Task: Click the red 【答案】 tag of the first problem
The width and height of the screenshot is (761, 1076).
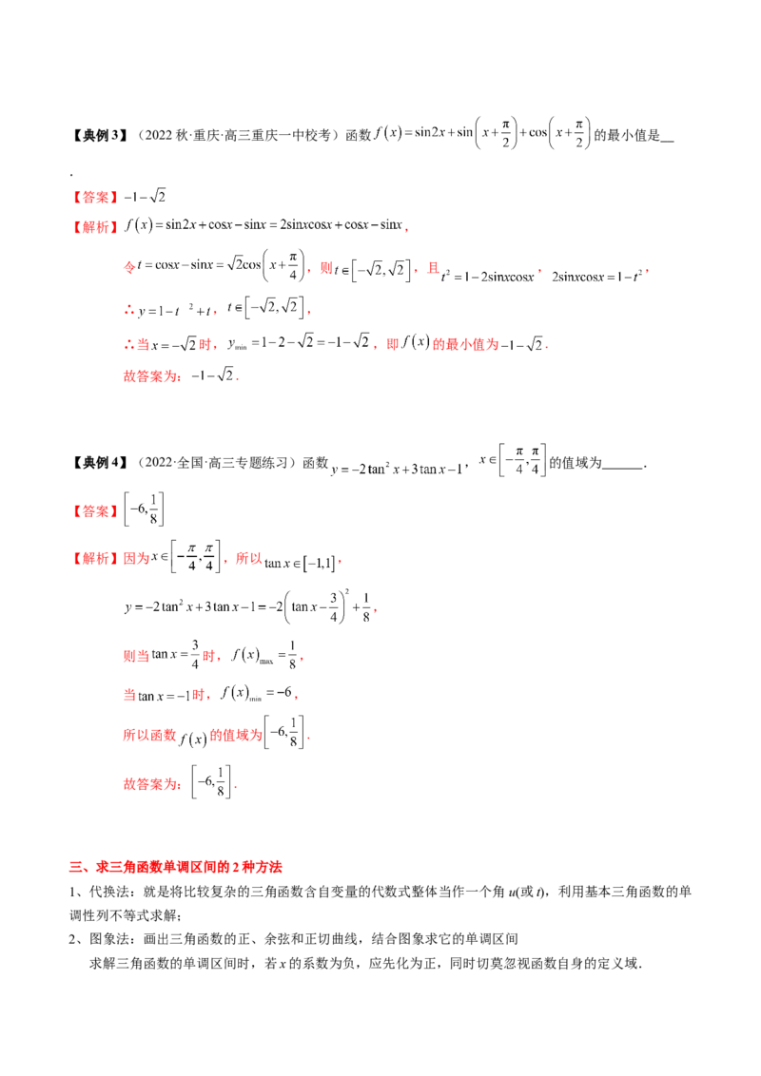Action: tap(95, 198)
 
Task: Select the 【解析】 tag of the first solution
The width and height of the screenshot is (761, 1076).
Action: tap(95, 227)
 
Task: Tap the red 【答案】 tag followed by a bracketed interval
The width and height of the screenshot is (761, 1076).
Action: tap(95, 511)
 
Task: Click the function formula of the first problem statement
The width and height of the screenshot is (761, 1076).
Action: tap(485, 135)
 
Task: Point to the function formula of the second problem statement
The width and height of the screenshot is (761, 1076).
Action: tap(438, 466)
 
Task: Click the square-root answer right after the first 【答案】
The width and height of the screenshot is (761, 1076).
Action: tap(146, 197)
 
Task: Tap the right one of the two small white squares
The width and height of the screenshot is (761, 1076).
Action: tap(207, 574)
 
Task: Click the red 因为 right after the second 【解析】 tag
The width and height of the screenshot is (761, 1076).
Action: tap(136, 559)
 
